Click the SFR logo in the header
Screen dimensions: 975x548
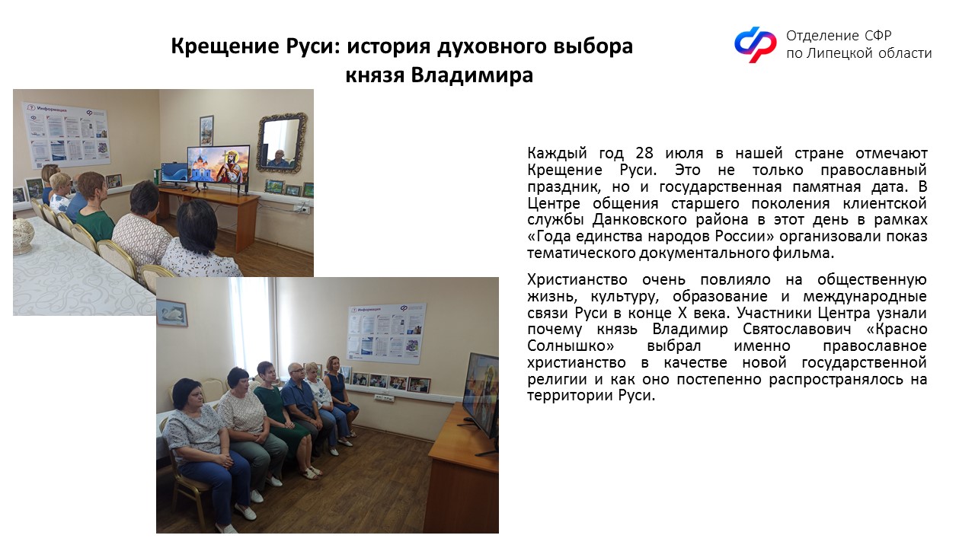pyautogui.click(x=756, y=44)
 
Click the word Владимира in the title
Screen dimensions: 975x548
pyautogui.click(x=472, y=75)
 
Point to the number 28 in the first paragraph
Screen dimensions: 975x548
pyautogui.click(x=644, y=153)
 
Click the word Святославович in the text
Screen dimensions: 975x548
pyautogui.click(x=797, y=330)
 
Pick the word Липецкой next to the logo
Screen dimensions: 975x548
pyautogui.click(x=838, y=53)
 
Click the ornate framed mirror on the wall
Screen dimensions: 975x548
pyautogui.click(x=282, y=142)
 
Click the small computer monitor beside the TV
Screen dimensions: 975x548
pyautogui.click(x=174, y=173)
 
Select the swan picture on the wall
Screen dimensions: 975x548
pyautogui.click(x=172, y=313)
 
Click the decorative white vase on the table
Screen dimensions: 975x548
pyautogui.click(x=24, y=236)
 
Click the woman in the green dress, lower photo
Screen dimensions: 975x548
pyautogui.click(x=280, y=413)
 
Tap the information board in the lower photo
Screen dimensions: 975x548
pyautogui.click(x=386, y=333)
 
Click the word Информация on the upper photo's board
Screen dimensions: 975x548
pyautogui.click(x=52, y=108)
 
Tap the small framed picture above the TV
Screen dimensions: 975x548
pyautogui.click(x=206, y=130)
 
